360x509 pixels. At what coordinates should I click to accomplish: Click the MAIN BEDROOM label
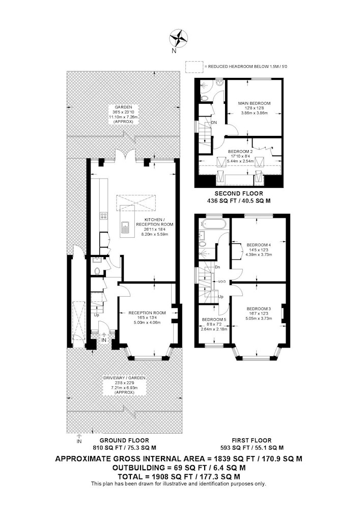254,103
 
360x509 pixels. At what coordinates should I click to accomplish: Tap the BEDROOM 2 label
240,151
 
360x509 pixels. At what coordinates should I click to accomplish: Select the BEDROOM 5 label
214,320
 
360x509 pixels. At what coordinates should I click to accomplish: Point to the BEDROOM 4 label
259,245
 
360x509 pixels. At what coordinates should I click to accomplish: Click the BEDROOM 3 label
259,309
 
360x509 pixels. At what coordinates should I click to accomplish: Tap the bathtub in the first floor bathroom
213,223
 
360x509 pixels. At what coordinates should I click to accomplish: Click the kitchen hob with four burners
104,215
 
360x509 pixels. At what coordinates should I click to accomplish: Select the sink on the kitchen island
125,227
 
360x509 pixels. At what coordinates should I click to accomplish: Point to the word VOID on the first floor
222,281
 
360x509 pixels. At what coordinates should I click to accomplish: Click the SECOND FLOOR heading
239,194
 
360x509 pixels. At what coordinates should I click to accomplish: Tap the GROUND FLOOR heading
124,440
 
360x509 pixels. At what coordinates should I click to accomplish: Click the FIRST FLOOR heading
252,440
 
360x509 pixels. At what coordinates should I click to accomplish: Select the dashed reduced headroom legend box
194,67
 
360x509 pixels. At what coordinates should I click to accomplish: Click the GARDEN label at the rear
123,107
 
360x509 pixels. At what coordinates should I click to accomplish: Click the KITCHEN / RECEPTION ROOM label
154,222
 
